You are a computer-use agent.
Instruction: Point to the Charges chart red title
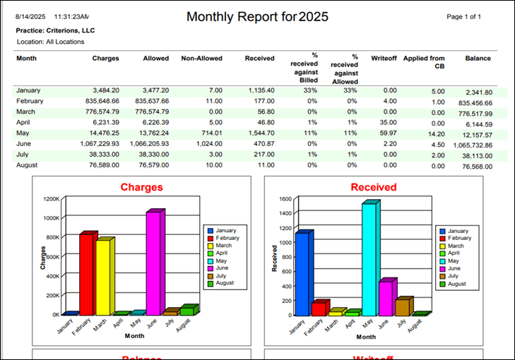point(141,188)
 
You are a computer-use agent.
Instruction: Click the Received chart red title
point(373,188)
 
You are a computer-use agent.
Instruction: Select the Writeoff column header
point(384,59)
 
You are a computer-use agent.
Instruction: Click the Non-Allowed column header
point(201,59)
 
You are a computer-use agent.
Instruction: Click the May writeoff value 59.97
point(386,133)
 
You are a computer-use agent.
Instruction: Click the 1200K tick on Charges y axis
point(51,198)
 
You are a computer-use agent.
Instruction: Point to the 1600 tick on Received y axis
point(284,198)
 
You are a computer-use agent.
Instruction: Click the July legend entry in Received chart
point(454,275)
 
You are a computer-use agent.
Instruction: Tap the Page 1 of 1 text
point(465,16)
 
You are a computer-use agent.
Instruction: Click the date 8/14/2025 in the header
point(31,16)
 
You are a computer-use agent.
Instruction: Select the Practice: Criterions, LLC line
point(55,31)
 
